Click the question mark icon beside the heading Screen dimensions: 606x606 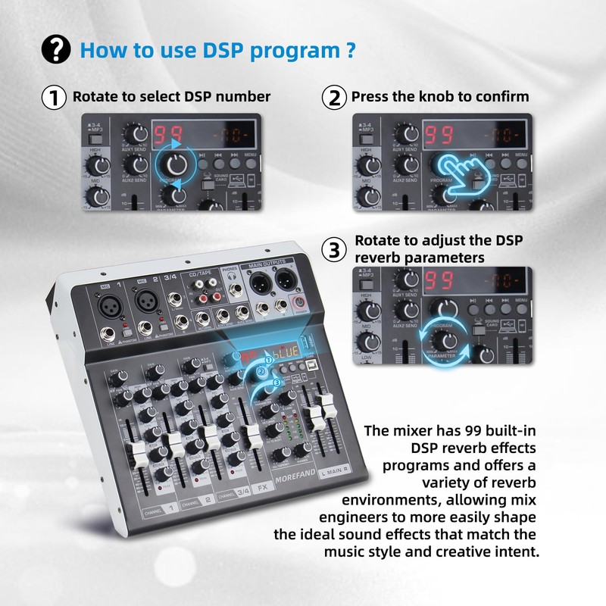[x=56, y=50]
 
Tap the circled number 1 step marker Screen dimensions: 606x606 [x=54, y=98]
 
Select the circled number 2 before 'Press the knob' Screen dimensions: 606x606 [x=333, y=98]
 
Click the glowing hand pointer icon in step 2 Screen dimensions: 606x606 [x=457, y=171]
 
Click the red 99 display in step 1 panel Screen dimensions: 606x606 [x=167, y=136]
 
